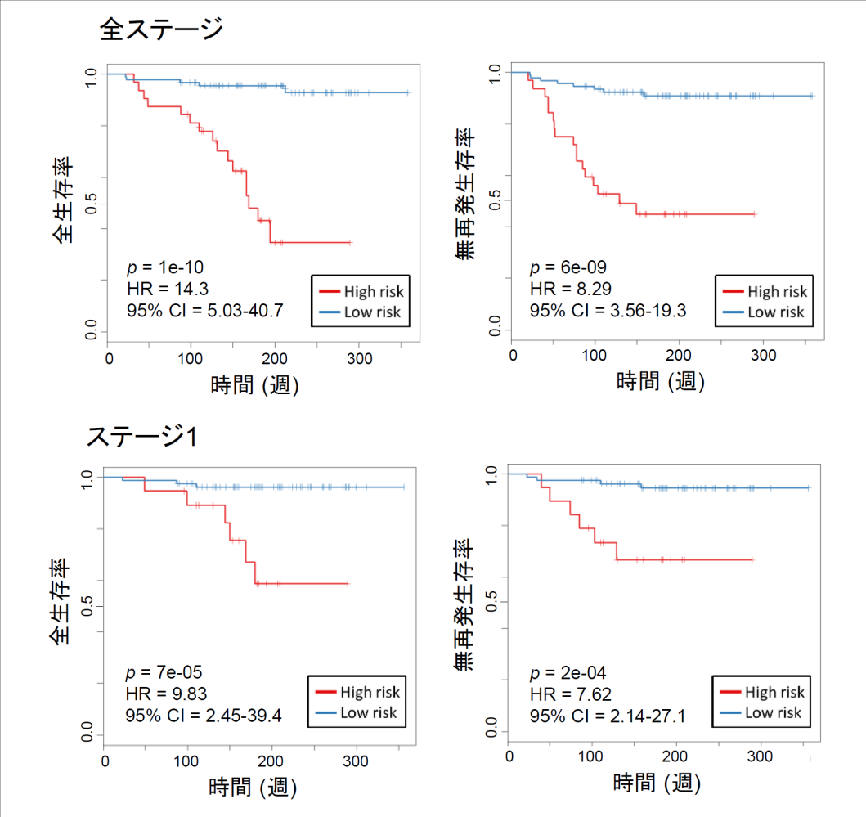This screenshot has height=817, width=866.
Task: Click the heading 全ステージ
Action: [160, 30]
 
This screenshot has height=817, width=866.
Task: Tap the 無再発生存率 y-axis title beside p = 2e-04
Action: [467, 606]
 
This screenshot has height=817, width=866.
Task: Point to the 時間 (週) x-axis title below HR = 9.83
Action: [253, 788]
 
